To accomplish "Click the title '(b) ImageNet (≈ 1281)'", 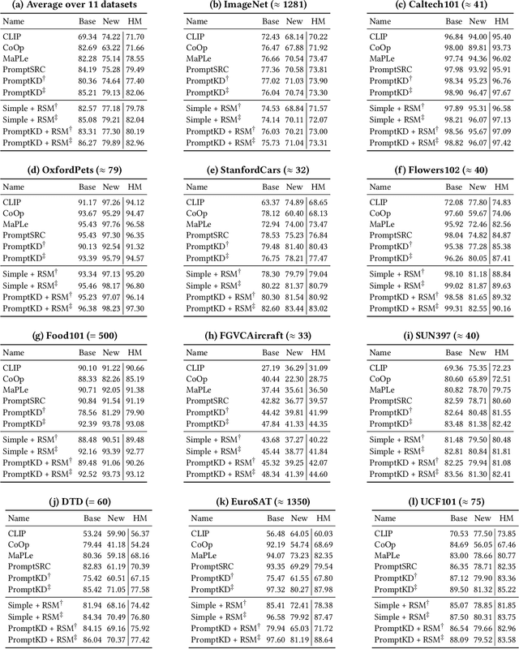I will tap(259, 6).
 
